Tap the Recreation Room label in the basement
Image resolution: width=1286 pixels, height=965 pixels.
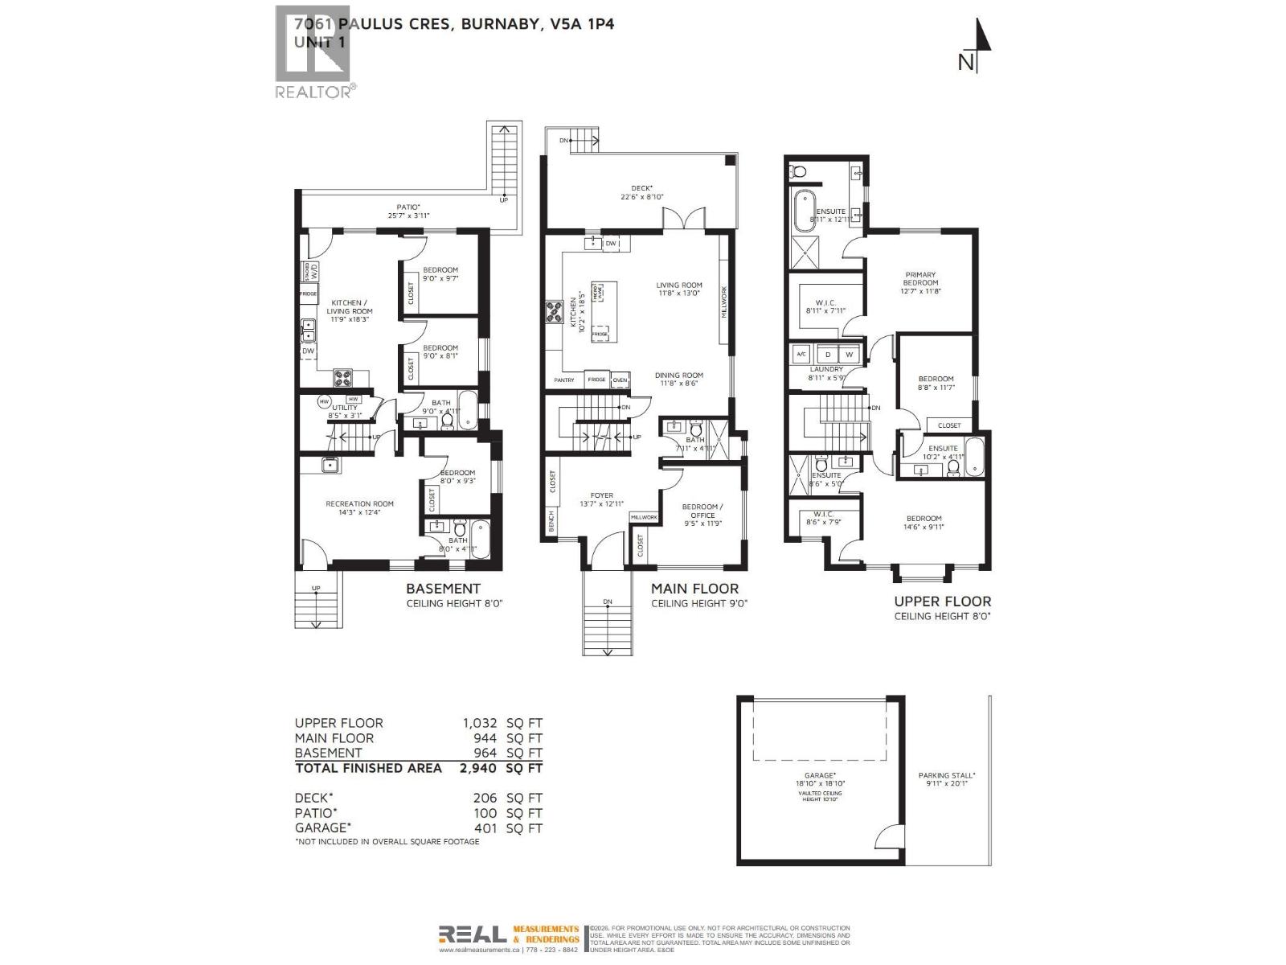359,504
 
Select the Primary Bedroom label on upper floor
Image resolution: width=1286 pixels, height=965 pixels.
920,278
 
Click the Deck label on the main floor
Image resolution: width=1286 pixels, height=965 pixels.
641,187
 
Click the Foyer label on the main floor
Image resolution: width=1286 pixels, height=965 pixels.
601,495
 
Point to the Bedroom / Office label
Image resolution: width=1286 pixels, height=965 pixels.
702,511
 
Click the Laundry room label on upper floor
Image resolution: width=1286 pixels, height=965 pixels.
826,369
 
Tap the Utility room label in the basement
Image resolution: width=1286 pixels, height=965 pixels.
345,408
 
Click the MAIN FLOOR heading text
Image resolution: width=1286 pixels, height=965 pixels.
694,589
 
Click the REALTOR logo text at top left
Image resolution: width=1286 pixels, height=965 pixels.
313,92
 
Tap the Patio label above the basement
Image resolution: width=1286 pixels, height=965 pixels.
408,207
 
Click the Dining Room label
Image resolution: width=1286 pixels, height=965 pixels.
679,375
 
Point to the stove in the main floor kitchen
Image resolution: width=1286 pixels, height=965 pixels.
554,311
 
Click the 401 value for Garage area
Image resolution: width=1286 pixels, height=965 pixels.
485,827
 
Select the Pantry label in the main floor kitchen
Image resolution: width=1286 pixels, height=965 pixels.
564,380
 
